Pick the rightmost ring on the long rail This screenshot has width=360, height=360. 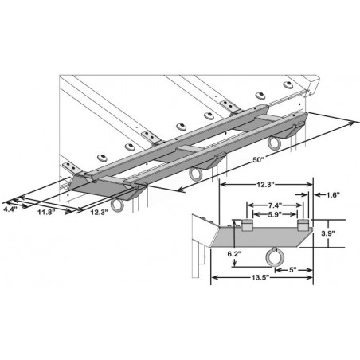(276, 143)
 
